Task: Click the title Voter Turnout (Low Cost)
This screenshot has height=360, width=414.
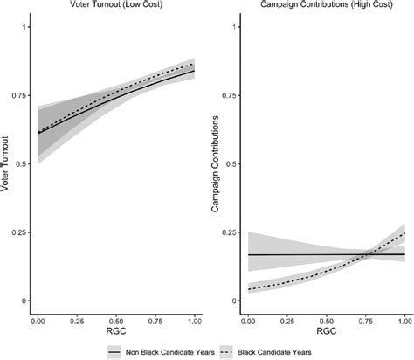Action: click(x=116, y=6)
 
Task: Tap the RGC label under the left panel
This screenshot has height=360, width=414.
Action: click(x=116, y=334)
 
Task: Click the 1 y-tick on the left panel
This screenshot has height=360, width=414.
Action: click(x=24, y=28)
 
